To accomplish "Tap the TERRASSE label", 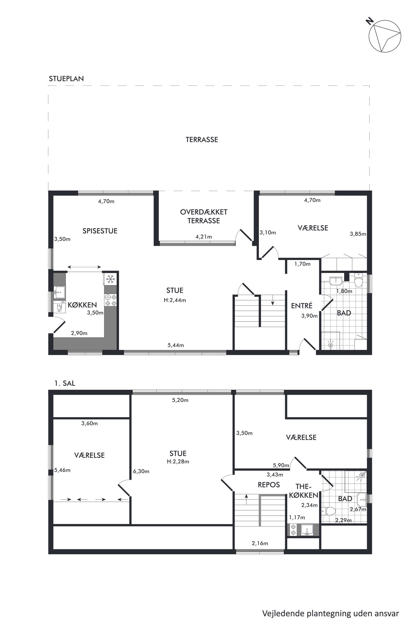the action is coord(202,139).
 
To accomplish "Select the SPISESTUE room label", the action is coord(100,231).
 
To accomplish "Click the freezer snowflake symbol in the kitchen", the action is coord(110,279).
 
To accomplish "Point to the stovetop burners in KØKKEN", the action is coord(110,300).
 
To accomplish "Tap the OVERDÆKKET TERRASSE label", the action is coord(204,216).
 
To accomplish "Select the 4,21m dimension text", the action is coord(204,237).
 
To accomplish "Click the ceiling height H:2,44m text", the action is coord(175,300).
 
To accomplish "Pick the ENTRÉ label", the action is coord(302,305).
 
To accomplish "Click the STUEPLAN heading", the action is coord(66,79).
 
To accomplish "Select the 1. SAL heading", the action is coord(65,383).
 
